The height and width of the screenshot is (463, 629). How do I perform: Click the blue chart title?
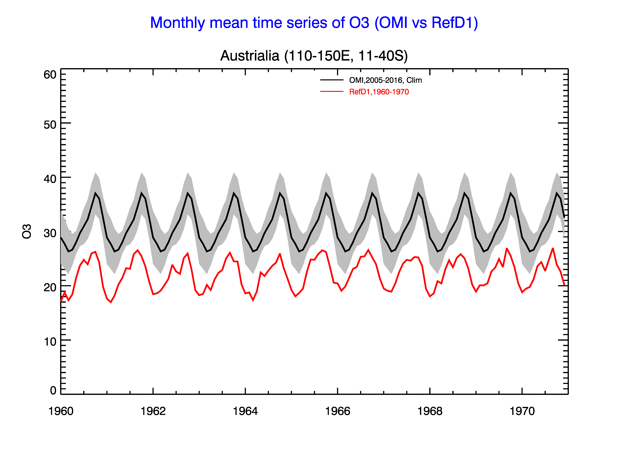(314, 23)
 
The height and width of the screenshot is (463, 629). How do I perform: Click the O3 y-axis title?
(27, 231)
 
